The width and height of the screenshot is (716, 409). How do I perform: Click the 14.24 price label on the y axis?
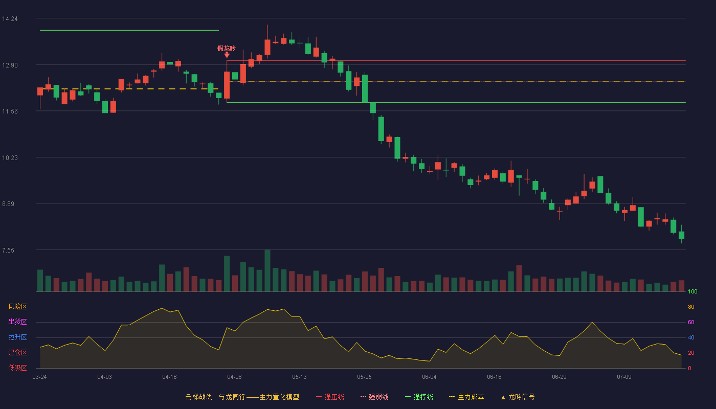[10, 19]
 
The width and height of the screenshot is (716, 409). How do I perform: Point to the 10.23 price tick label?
[10, 158]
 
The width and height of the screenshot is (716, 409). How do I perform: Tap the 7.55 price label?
[8, 251]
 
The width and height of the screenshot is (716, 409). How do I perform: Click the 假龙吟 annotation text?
[226, 48]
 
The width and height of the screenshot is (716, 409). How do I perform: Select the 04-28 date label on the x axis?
[234, 377]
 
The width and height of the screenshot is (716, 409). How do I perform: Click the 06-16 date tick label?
[494, 377]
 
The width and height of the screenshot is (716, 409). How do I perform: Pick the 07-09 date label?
[624, 377]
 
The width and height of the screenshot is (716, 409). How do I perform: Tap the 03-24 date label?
[40, 377]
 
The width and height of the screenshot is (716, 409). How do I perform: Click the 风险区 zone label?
[17, 307]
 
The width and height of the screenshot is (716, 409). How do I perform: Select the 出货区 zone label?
[17, 322]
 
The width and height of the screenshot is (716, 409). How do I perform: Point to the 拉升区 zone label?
[17, 337]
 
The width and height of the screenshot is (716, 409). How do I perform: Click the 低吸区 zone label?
[17, 368]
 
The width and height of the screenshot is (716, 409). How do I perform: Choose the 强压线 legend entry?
[330, 397]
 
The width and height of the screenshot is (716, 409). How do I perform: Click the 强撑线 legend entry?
[419, 397]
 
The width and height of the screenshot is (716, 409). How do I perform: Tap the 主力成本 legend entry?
[466, 397]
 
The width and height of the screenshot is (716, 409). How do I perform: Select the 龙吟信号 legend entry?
[518, 397]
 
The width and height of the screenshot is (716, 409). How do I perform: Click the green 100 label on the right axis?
[692, 291]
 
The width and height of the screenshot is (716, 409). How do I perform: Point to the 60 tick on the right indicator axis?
[691, 322]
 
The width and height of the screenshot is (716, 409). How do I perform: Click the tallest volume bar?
[267, 270]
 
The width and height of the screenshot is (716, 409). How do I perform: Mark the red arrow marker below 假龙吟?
[227, 55]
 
